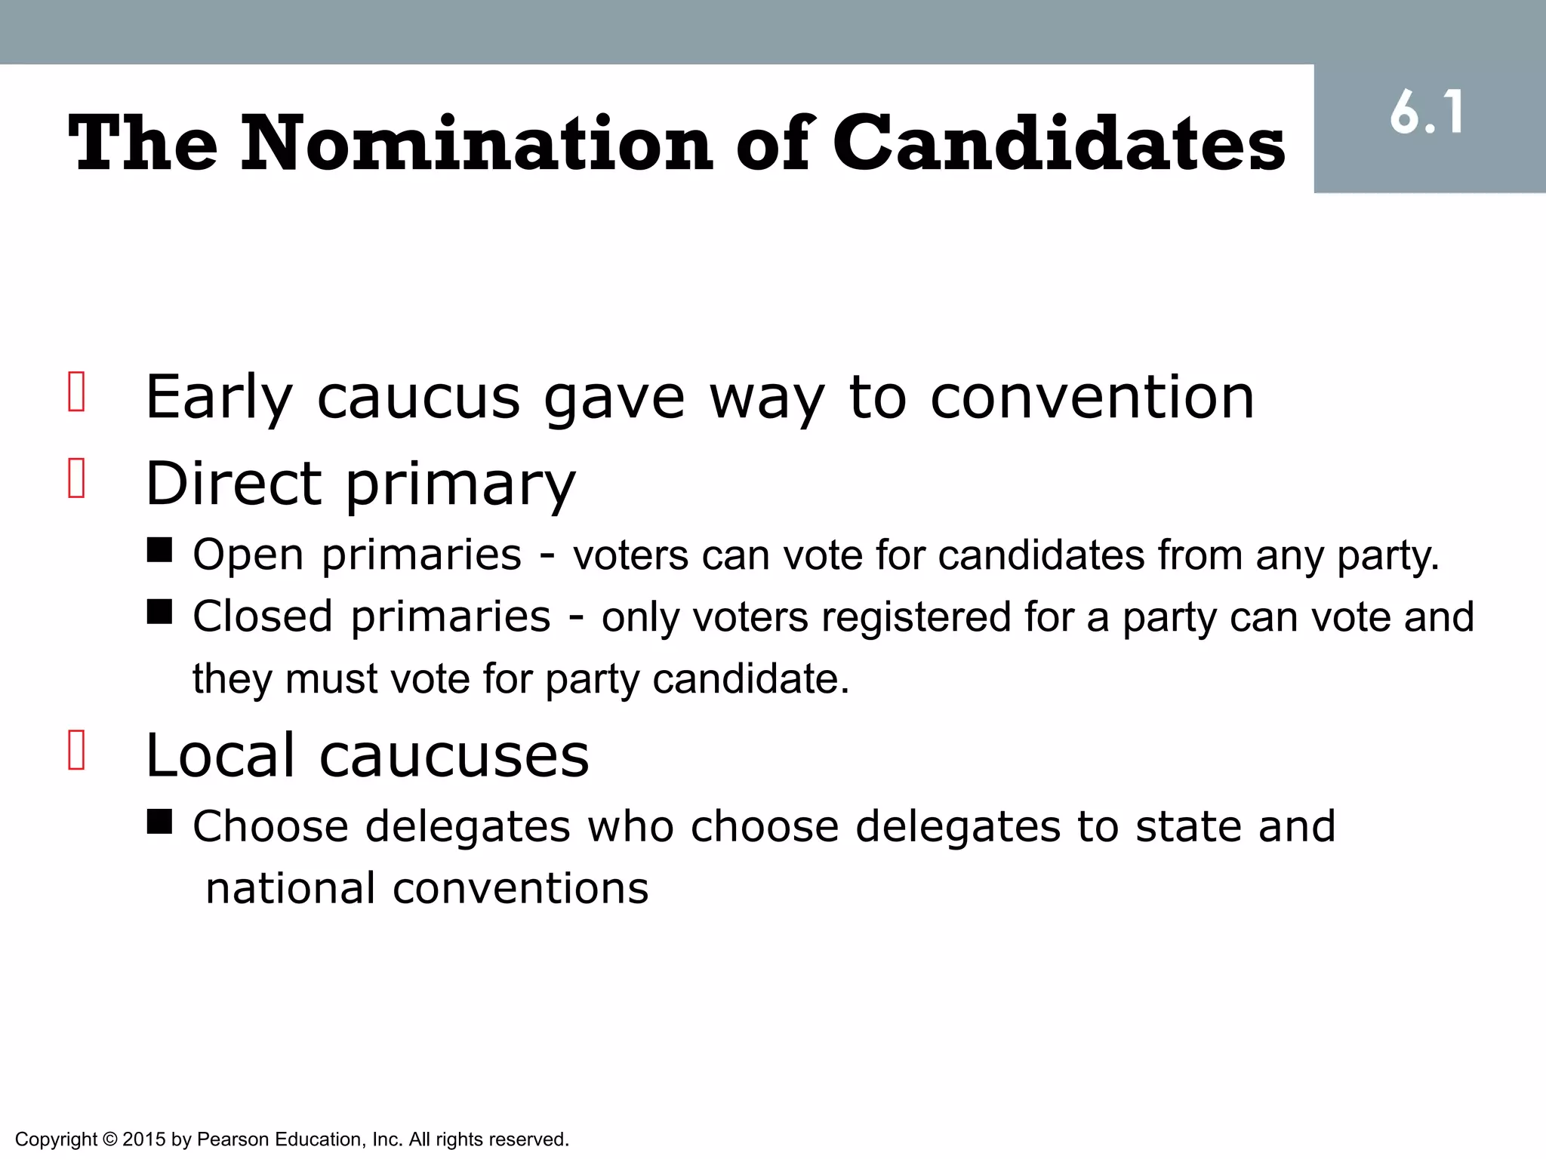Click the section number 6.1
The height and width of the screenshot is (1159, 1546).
pos(1427,114)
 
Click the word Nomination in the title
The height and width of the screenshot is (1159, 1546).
pos(476,143)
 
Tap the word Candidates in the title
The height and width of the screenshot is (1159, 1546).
pos(1059,143)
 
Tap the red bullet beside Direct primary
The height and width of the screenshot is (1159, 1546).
pos(76,478)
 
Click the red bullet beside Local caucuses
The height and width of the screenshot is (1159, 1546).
pos(76,749)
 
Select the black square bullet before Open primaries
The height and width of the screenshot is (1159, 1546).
pos(159,550)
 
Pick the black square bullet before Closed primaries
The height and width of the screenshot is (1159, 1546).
pos(159,612)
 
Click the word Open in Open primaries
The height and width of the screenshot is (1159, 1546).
pos(248,556)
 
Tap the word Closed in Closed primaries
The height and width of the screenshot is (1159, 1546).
pos(263,617)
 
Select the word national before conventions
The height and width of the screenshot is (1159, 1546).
pos(290,889)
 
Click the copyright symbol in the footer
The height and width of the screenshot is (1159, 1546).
pos(109,1139)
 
